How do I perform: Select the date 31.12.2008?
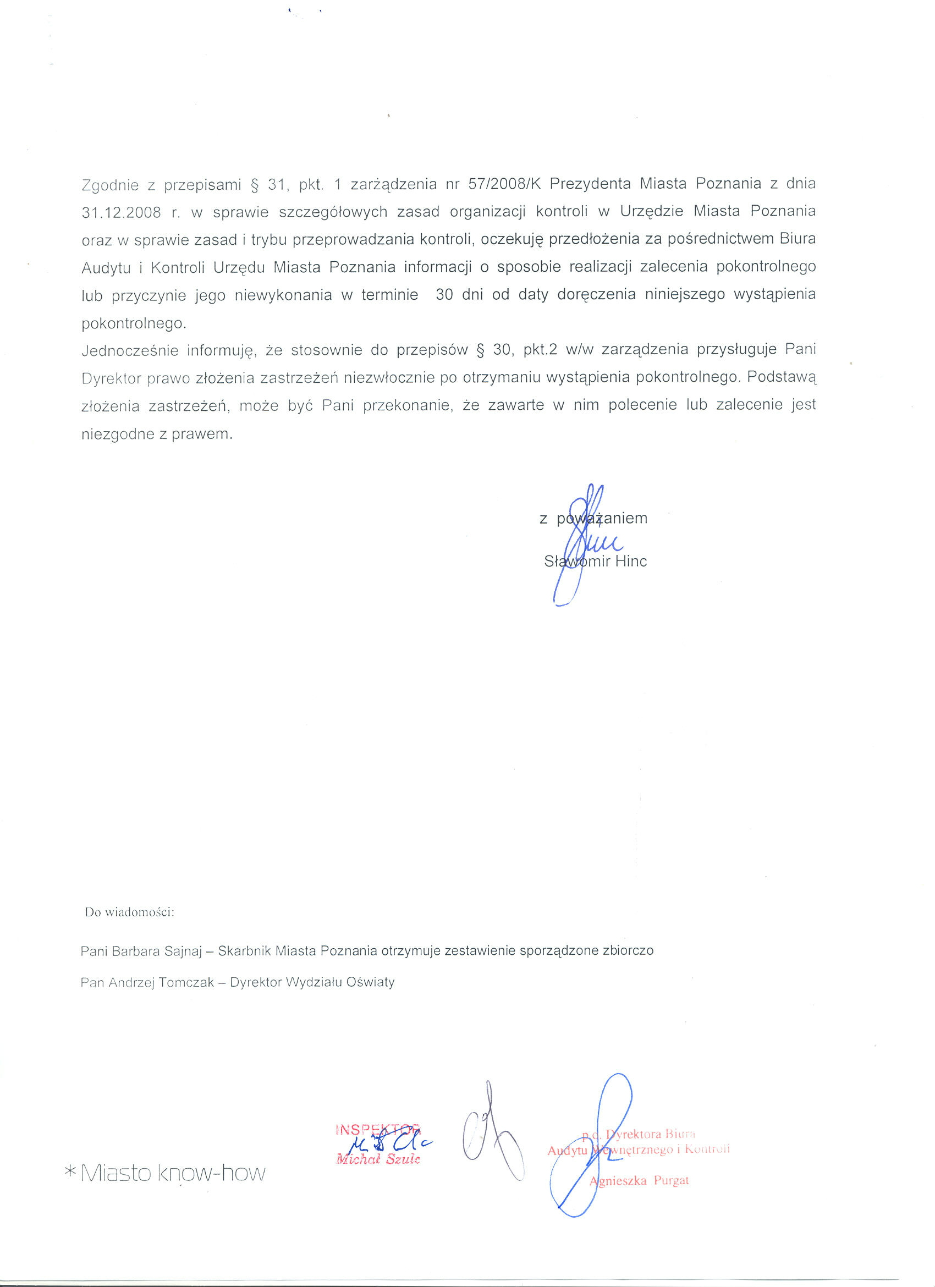pos(122,212)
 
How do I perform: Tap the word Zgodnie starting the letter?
pos(110,185)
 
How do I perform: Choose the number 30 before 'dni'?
pos(444,294)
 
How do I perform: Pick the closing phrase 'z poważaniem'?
pos(593,518)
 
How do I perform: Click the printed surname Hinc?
pos(631,561)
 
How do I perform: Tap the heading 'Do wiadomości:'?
pos(129,912)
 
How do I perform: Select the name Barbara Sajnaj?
pos(157,951)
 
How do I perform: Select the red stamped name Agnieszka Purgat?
pos(640,1181)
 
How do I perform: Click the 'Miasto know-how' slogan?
pos(173,1174)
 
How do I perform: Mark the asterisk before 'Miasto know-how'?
pos(70,1170)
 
